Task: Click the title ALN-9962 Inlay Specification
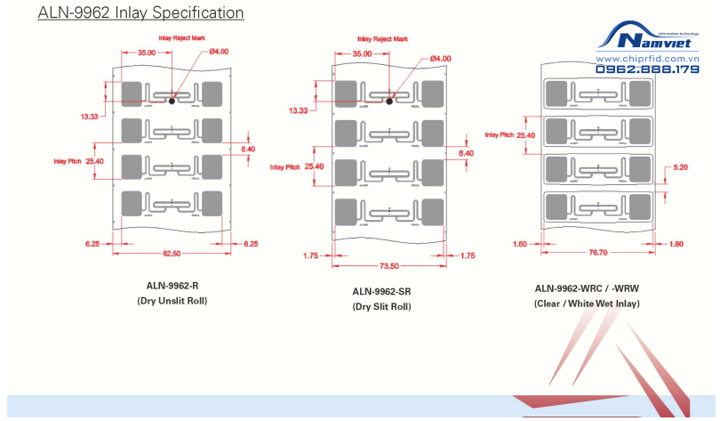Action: (x=140, y=13)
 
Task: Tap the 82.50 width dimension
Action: (x=172, y=254)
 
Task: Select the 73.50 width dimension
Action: (x=388, y=265)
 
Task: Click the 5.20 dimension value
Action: (x=681, y=167)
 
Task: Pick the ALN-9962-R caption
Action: (x=172, y=287)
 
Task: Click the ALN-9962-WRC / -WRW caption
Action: (x=587, y=288)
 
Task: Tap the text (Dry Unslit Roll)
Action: (x=172, y=302)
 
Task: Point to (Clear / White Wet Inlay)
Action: (x=587, y=304)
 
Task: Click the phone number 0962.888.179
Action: (x=647, y=69)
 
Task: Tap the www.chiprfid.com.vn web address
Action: (x=647, y=59)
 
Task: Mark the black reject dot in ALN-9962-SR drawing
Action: (x=388, y=101)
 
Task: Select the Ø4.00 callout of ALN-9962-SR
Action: (x=441, y=59)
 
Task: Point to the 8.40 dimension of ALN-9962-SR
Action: (x=467, y=153)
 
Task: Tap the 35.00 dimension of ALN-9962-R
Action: (x=147, y=53)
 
